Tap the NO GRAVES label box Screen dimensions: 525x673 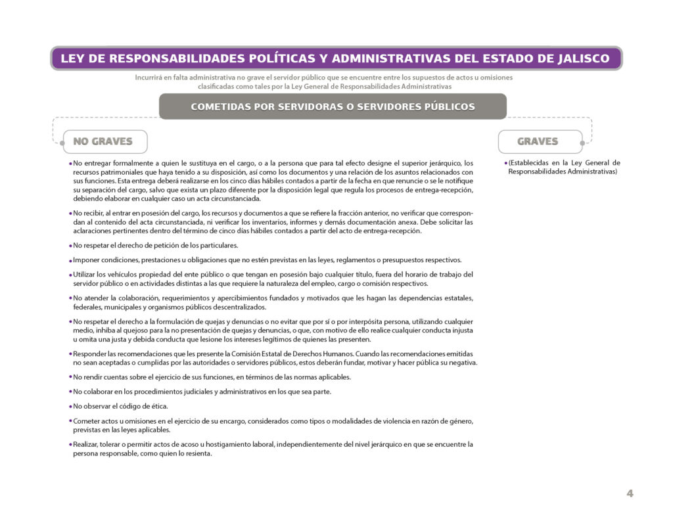pyautogui.click(x=104, y=141)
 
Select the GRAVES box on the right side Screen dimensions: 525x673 pyautogui.click(x=538, y=141)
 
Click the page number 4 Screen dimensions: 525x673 pyautogui.click(x=630, y=494)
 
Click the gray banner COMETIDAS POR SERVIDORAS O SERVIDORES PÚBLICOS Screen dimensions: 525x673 pyautogui.click(x=333, y=106)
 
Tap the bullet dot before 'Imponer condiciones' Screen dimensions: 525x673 pyautogui.click(x=70, y=260)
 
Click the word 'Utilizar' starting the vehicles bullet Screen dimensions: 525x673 pyautogui.click(x=85, y=275)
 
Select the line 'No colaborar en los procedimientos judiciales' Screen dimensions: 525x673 pyautogui.click(x=202, y=392)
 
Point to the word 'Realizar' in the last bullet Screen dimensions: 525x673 pyautogui.click(x=86, y=444)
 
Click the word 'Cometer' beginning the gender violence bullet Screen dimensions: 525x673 pyautogui.click(x=87, y=421)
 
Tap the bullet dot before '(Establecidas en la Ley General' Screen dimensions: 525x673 pyautogui.click(x=505, y=163)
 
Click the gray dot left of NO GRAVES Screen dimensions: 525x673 pyautogui.click(x=62, y=141)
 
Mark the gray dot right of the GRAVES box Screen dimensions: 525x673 pyautogui.click(x=582, y=141)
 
